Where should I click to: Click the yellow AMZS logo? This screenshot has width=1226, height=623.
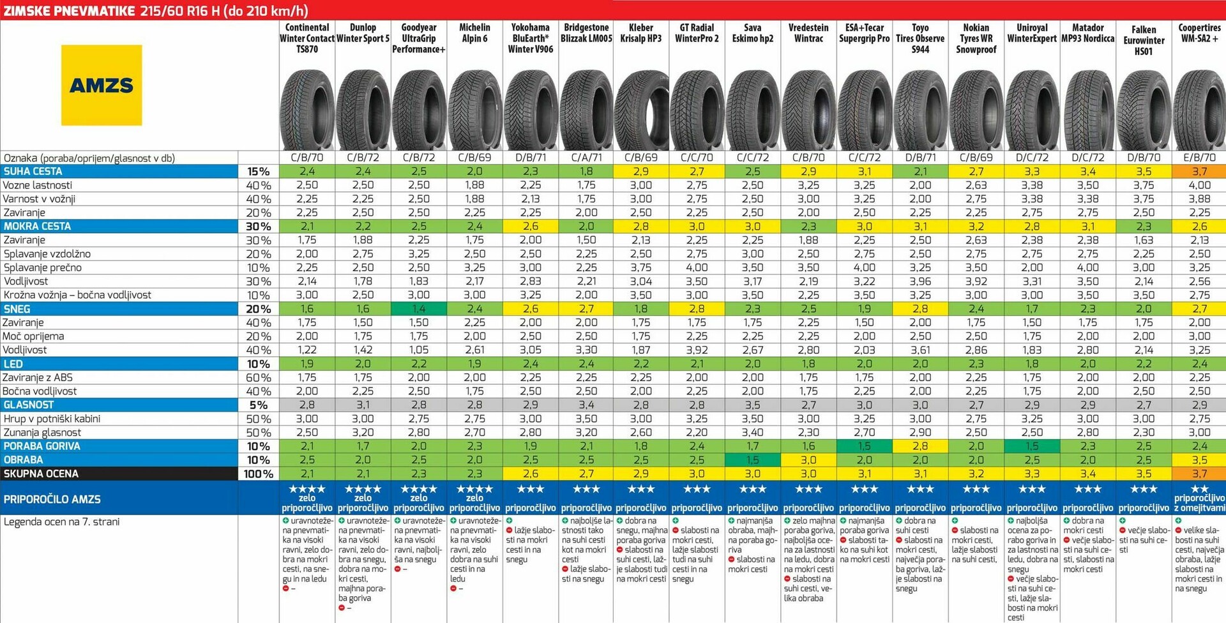coord(102,85)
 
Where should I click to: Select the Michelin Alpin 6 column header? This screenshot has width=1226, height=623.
coord(474,33)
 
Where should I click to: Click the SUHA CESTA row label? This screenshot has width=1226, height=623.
coord(33,171)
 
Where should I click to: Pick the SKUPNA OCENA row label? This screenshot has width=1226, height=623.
coord(42,474)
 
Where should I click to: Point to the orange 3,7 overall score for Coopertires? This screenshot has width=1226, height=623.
coord(1199,474)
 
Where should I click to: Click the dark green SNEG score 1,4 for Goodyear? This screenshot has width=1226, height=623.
coord(419,309)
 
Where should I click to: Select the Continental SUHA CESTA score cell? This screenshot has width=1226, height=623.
coord(307,171)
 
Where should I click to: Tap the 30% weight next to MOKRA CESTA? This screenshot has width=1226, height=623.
coord(259,227)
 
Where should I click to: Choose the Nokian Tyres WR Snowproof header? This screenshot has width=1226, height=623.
coord(976,38)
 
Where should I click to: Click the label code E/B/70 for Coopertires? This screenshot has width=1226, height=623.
coord(1199,158)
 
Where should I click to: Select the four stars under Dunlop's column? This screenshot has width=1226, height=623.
coord(363,489)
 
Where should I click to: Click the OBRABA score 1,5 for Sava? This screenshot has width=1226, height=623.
coord(753,460)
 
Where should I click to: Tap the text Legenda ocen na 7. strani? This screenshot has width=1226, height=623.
coord(62,522)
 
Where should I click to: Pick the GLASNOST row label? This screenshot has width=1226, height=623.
coord(29,405)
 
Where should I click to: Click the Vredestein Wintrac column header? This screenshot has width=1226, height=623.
coord(808,33)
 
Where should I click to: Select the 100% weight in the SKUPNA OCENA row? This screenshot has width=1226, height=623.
coord(259,474)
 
